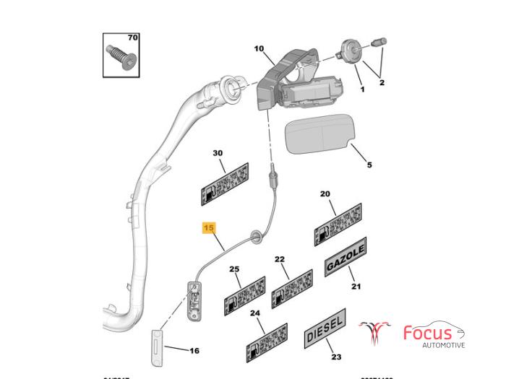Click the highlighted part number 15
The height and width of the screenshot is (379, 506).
point(209,228)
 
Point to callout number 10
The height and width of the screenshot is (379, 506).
point(258,49)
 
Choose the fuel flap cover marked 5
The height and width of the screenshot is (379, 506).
point(319,136)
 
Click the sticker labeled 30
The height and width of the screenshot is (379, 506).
point(224,183)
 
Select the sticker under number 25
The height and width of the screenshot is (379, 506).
point(246,295)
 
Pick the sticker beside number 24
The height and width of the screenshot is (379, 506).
point(267,343)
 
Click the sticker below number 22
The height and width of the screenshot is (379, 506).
point(292,287)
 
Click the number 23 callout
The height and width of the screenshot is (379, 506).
point(336,357)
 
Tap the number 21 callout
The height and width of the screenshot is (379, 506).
point(356,287)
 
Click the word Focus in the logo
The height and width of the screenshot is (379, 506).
point(428,334)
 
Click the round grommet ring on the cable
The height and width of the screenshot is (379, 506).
point(255,235)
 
